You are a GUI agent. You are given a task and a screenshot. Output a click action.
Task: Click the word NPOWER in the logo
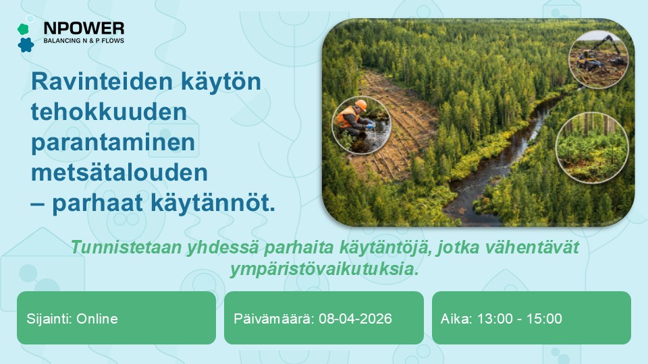[84, 28]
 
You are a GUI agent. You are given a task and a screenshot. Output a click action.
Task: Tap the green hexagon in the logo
[23, 29]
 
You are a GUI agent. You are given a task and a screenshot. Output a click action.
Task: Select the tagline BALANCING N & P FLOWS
[84, 41]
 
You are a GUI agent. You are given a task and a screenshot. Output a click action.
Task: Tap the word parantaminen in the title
[112, 143]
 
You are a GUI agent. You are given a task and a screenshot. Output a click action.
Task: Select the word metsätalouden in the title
[119, 173]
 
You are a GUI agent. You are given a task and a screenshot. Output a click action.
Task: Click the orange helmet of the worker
[361, 104]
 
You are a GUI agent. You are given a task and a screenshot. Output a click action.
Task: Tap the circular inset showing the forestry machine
[598, 58]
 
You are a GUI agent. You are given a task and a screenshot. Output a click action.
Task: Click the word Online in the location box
[97, 319]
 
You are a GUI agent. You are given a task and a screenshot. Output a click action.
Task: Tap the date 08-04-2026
[354, 319]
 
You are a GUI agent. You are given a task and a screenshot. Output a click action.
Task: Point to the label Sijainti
[49, 319]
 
